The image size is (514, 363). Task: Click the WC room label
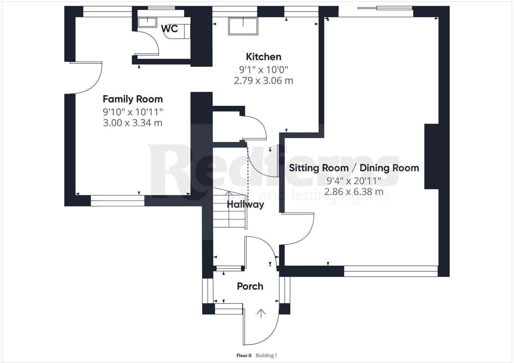pyautogui.click(x=169, y=29)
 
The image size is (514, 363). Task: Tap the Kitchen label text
pyautogui.click(x=263, y=57)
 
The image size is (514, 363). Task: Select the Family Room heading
pyautogui.click(x=133, y=99)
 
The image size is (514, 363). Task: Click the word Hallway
pyautogui.click(x=245, y=205)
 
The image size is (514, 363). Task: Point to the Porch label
pyautogui.click(x=250, y=286)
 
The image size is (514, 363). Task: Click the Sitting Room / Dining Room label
pyautogui.click(x=354, y=168)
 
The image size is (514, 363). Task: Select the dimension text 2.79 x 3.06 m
pyautogui.click(x=263, y=80)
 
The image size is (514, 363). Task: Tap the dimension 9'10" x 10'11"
pyautogui.click(x=133, y=112)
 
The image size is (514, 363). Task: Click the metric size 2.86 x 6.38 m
pyautogui.click(x=354, y=192)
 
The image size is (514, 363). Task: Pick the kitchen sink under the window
pyautogui.click(x=243, y=26)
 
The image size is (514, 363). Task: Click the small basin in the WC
pyautogui.click(x=147, y=22)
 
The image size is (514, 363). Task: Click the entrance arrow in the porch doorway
pyautogui.click(x=261, y=313)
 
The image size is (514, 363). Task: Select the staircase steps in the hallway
pyautogui.click(x=229, y=212)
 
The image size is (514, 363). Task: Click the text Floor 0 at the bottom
pyautogui.click(x=244, y=356)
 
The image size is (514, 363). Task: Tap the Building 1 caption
pyautogui.click(x=266, y=356)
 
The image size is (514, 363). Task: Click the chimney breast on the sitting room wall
pyautogui.click(x=431, y=156)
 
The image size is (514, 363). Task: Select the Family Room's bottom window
pyautogui.click(x=118, y=200)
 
